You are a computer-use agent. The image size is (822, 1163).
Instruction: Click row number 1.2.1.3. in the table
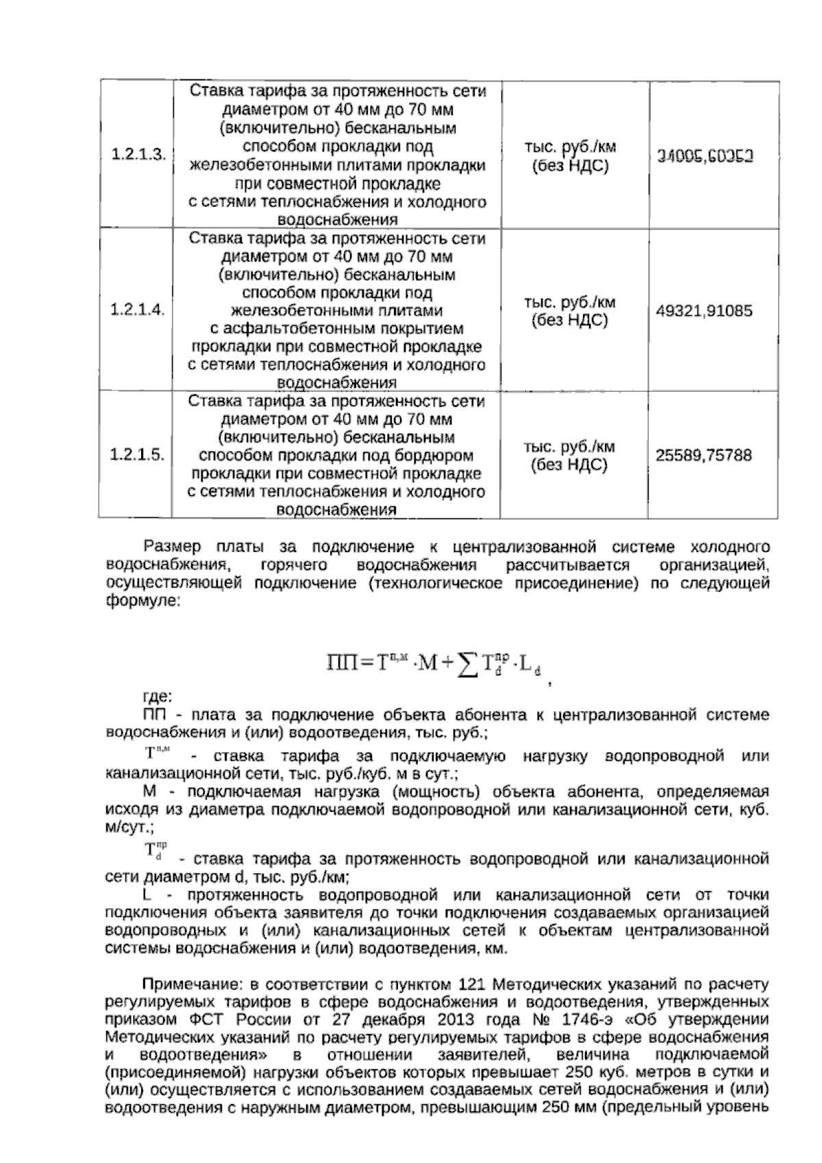138,155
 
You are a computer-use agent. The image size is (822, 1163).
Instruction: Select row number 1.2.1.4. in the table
138,310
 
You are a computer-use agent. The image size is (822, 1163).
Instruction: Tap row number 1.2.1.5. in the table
138,455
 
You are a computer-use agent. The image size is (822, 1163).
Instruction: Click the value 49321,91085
704,311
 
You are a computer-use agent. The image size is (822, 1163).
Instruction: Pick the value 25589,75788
704,455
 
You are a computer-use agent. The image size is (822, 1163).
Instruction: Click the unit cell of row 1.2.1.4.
569,311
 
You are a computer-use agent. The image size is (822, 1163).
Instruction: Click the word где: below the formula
157,698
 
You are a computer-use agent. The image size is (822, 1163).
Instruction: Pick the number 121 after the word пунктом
470,985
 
